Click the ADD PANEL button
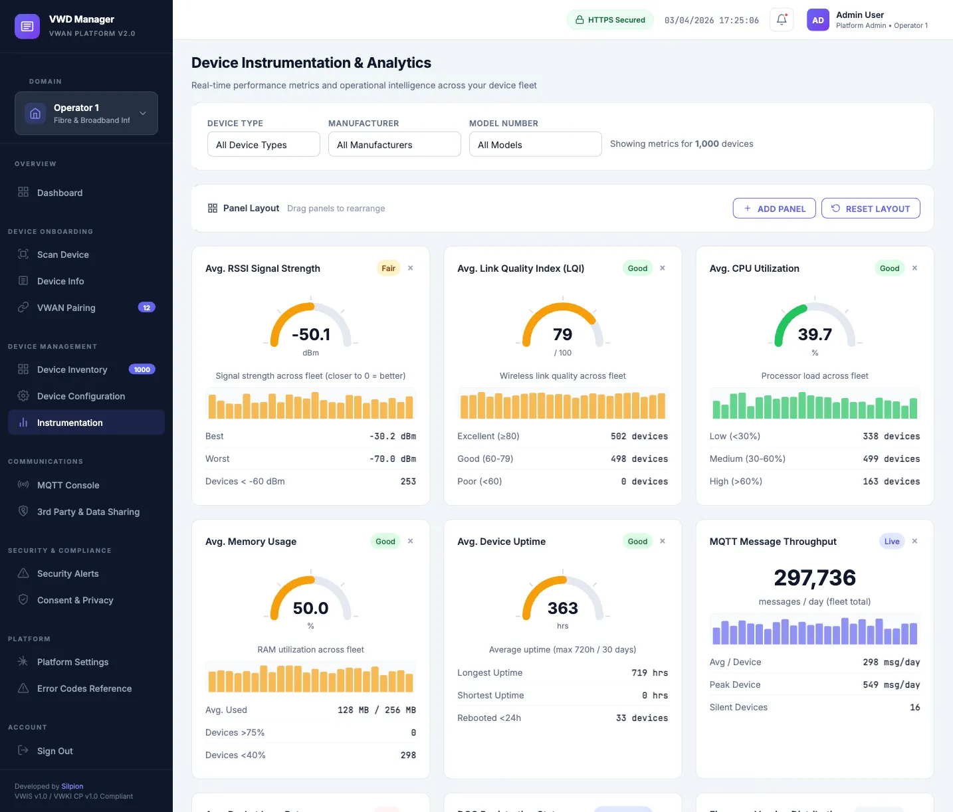(x=774, y=209)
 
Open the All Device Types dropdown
(x=263, y=145)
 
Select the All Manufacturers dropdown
(x=394, y=145)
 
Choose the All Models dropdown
(x=535, y=145)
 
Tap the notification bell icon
(x=782, y=20)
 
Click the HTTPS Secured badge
(x=609, y=20)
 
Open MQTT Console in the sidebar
(x=68, y=485)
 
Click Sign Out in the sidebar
(x=54, y=751)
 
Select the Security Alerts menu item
(x=68, y=573)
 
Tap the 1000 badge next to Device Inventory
(x=142, y=369)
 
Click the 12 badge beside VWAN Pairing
(x=146, y=308)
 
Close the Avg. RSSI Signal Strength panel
(x=411, y=268)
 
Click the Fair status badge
(x=388, y=268)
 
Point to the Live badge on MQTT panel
(x=891, y=542)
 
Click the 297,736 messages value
(x=814, y=578)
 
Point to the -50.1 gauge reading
(x=311, y=334)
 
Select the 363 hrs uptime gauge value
(x=562, y=608)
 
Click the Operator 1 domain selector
(x=86, y=114)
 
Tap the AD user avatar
(x=817, y=20)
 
